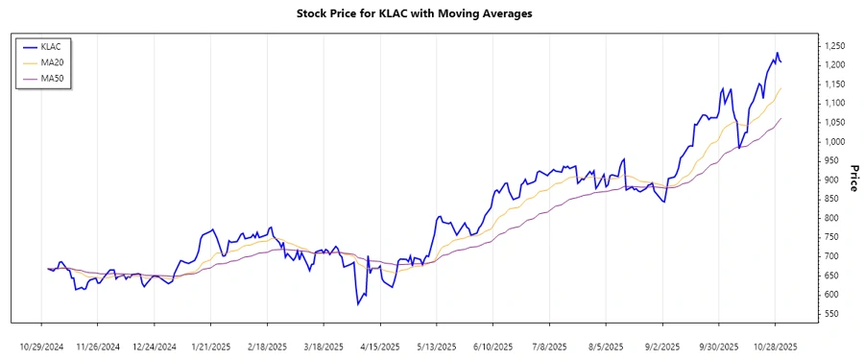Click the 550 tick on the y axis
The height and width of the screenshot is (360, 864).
pos(831,314)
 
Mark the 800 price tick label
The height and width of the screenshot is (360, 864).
pos(831,218)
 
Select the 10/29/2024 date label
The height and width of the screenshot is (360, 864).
pos(41,346)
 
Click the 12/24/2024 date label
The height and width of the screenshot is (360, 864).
pos(154,346)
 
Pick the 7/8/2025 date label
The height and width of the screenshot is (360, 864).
pos(549,346)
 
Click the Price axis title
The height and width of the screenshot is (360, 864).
pos(853,179)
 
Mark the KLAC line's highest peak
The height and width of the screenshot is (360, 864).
pos(777,53)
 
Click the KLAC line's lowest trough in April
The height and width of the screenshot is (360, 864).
pos(357,304)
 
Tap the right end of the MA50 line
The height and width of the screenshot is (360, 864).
pos(780,118)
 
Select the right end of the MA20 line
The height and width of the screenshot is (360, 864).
pos(780,88)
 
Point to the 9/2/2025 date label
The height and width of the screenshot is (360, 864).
pos(662,346)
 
